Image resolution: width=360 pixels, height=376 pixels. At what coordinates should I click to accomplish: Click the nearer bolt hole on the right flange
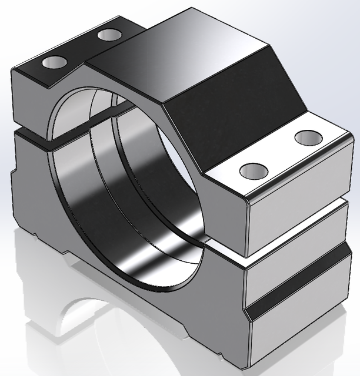254,172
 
